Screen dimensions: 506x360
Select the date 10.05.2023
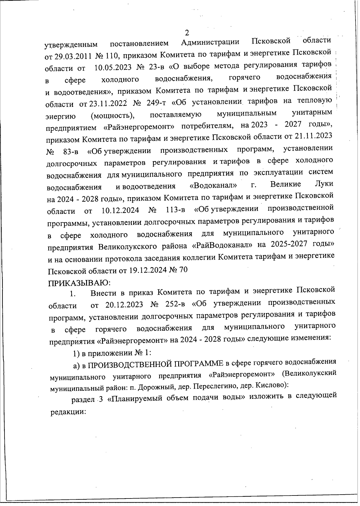[x=113, y=68]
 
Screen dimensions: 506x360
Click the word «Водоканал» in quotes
[x=214, y=186]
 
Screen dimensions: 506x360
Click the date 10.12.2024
[x=120, y=210]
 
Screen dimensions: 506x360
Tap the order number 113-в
[x=175, y=210]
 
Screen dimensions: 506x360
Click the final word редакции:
[x=68, y=412]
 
